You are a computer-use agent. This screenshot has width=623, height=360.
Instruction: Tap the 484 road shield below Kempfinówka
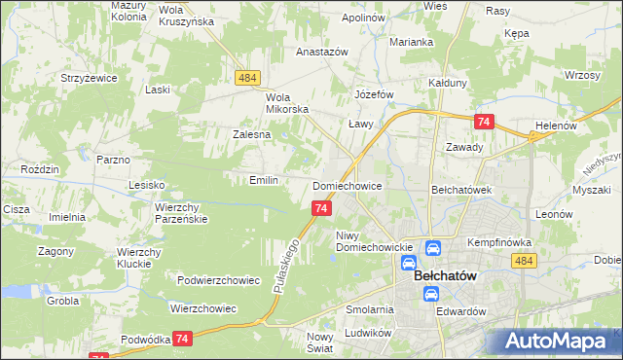point(524,261)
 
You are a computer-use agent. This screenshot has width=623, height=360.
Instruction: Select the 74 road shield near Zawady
point(484,122)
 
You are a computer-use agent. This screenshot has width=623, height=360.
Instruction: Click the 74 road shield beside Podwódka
point(181,338)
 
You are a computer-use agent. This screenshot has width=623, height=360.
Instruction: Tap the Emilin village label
point(265,180)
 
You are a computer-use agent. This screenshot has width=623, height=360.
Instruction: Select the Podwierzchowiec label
point(219,280)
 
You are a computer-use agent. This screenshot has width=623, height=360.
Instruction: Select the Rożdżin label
point(44,168)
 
